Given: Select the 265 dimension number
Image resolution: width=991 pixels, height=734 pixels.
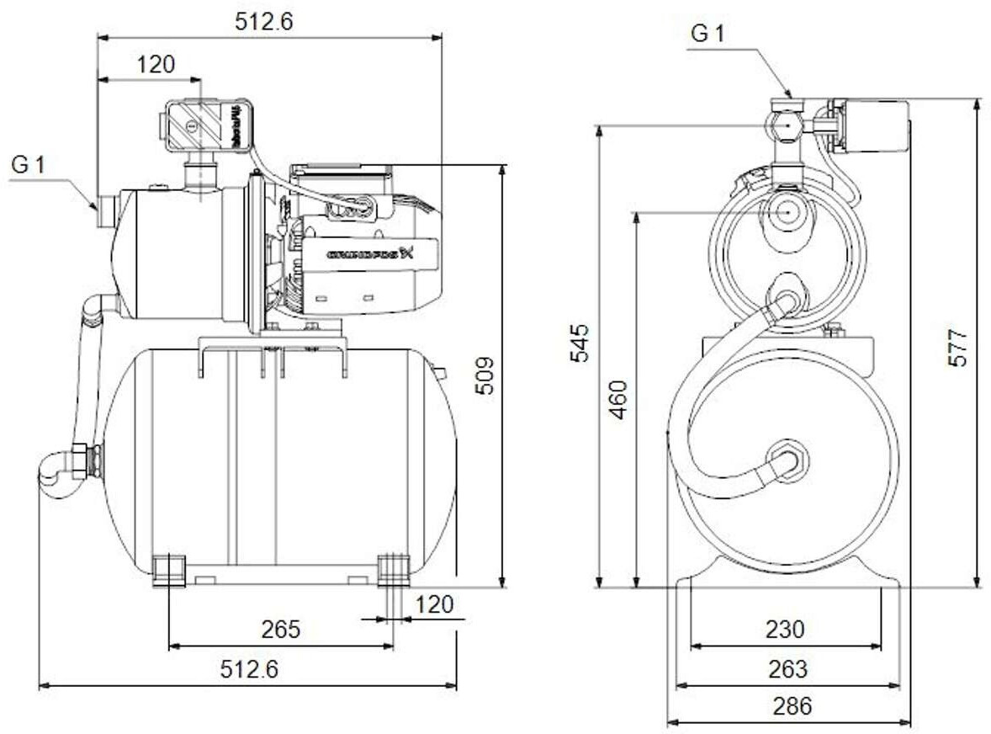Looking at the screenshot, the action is pyautogui.click(x=281, y=630).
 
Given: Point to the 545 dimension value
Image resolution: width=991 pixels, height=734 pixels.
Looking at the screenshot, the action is pyautogui.click(x=580, y=343).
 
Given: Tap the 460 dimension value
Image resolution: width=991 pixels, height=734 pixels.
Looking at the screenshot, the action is pyautogui.click(x=618, y=400).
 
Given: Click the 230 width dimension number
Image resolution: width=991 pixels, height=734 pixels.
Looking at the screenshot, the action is pyautogui.click(x=784, y=629).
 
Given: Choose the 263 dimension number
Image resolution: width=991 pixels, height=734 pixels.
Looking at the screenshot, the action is pyautogui.click(x=787, y=669).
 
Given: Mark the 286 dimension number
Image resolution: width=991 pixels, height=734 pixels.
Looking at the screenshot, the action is pyautogui.click(x=792, y=705).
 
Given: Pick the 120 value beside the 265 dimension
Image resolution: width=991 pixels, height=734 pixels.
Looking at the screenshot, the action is pyautogui.click(x=433, y=604).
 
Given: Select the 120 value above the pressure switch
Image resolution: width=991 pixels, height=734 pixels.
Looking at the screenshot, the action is pyautogui.click(x=156, y=64).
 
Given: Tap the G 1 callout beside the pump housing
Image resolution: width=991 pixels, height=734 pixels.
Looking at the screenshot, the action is pyautogui.click(x=28, y=165).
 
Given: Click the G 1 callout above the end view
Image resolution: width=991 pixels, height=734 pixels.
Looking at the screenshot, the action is pyautogui.click(x=707, y=34).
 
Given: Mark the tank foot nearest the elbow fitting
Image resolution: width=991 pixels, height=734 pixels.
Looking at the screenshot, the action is pyautogui.click(x=169, y=568).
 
